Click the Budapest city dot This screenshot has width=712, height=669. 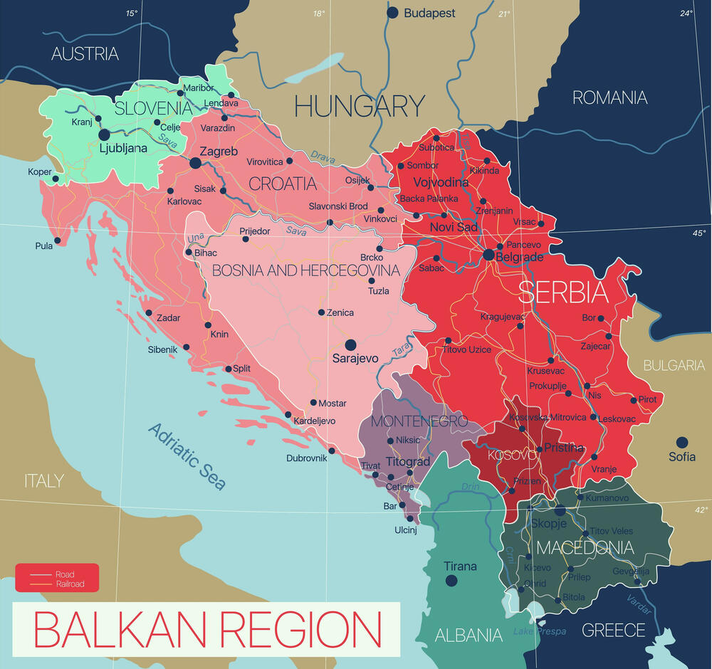click(392, 12)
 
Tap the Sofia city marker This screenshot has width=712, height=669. click(682, 442)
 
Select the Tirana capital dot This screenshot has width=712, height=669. click(451, 581)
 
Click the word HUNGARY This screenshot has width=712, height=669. click(360, 107)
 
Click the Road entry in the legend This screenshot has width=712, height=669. click(64, 574)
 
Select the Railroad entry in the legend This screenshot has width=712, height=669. click(69, 584)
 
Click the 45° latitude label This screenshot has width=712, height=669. click(700, 233)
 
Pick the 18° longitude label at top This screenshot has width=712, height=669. click(318, 14)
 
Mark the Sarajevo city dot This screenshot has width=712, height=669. click(350, 344)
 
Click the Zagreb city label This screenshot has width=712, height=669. click(219, 152)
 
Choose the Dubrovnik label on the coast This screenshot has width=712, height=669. click(306, 458)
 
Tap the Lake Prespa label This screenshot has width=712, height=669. click(540, 631)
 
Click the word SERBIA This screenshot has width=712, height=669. click(562, 293)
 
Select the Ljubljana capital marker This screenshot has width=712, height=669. click(104, 134)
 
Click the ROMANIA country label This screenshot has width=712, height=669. click(610, 98)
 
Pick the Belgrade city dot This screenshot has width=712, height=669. click(488, 254)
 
